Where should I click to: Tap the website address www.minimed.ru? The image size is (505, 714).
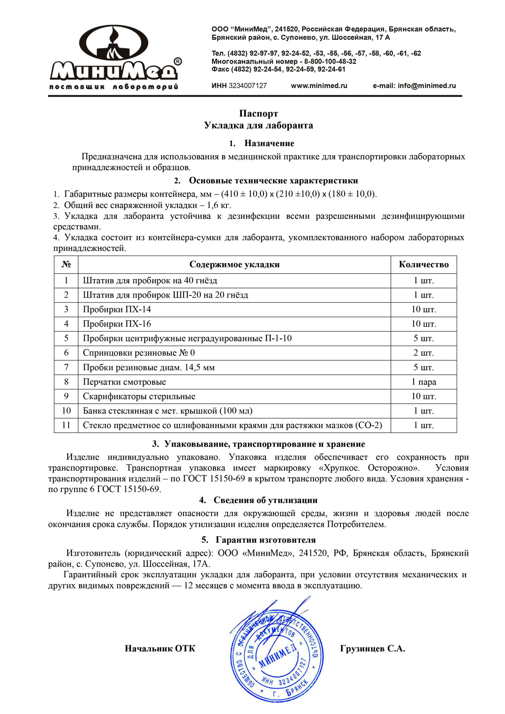pyautogui.click(x=319, y=86)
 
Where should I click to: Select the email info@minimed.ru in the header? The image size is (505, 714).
pyautogui.click(x=427, y=86)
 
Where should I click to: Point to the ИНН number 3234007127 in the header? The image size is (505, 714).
pyautogui.click(x=247, y=86)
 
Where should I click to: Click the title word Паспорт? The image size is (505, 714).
pyautogui.click(x=258, y=114)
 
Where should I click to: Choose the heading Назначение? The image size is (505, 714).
pyautogui.click(x=269, y=144)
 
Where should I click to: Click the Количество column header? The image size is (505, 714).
pyautogui.click(x=423, y=265)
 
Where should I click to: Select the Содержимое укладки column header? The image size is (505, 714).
pyautogui.click(x=234, y=265)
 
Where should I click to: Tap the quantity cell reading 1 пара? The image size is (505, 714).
pyautogui.click(x=423, y=382)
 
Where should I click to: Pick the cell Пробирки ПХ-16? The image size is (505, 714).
pyautogui.click(x=117, y=324)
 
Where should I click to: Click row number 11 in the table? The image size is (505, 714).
pyautogui.click(x=66, y=425)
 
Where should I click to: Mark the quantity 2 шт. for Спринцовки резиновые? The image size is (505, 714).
pyautogui.click(x=423, y=353)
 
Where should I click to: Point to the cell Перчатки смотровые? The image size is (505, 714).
pyautogui.click(x=125, y=382)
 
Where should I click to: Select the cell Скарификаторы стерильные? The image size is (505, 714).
pyautogui.click(x=139, y=397)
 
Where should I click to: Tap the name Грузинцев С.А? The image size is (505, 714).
pyautogui.click(x=372, y=649)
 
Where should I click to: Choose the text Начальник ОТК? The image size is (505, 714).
pyautogui.click(x=160, y=649)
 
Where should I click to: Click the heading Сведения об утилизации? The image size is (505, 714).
pyautogui.click(x=265, y=501)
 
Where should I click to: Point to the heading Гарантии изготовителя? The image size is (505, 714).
pyautogui.click(x=266, y=540)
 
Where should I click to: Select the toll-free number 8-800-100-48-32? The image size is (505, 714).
pyautogui.click(x=330, y=61)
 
